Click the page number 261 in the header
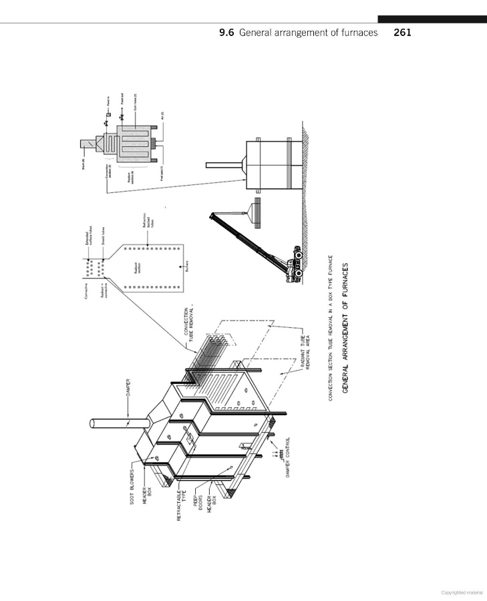pyautogui.click(x=403, y=31)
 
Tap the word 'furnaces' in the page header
pyautogui.click(x=357, y=31)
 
